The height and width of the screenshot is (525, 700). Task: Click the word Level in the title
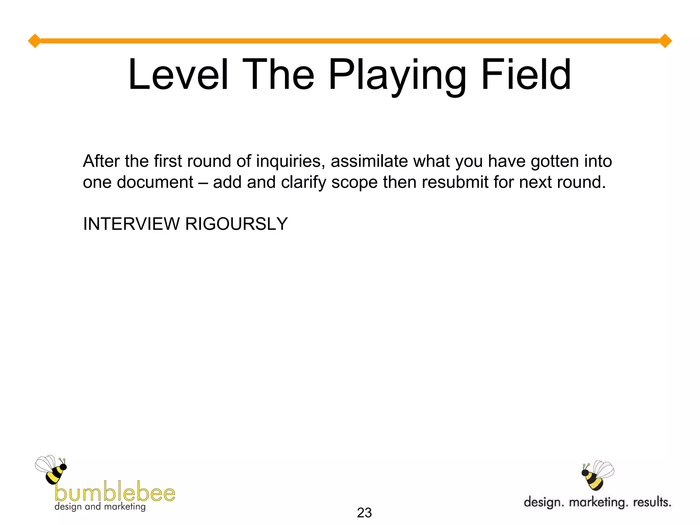pyautogui.click(x=178, y=75)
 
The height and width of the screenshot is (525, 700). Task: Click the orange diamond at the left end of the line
pyautogui.click(x=35, y=41)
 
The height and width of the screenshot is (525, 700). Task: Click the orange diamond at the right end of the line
pyautogui.click(x=665, y=41)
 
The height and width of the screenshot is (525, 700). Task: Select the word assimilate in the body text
pyautogui.click(x=369, y=161)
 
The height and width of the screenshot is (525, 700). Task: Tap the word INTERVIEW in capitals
pyautogui.click(x=131, y=224)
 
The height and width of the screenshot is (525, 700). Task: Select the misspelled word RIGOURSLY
pyautogui.click(x=236, y=224)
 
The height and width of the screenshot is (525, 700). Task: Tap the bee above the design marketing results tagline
pyautogui.click(x=597, y=475)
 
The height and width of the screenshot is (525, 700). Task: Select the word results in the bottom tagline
pyautogui.click(x=652, y=502)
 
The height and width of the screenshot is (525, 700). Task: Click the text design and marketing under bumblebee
pyautogui.click(x=100, y=507)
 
